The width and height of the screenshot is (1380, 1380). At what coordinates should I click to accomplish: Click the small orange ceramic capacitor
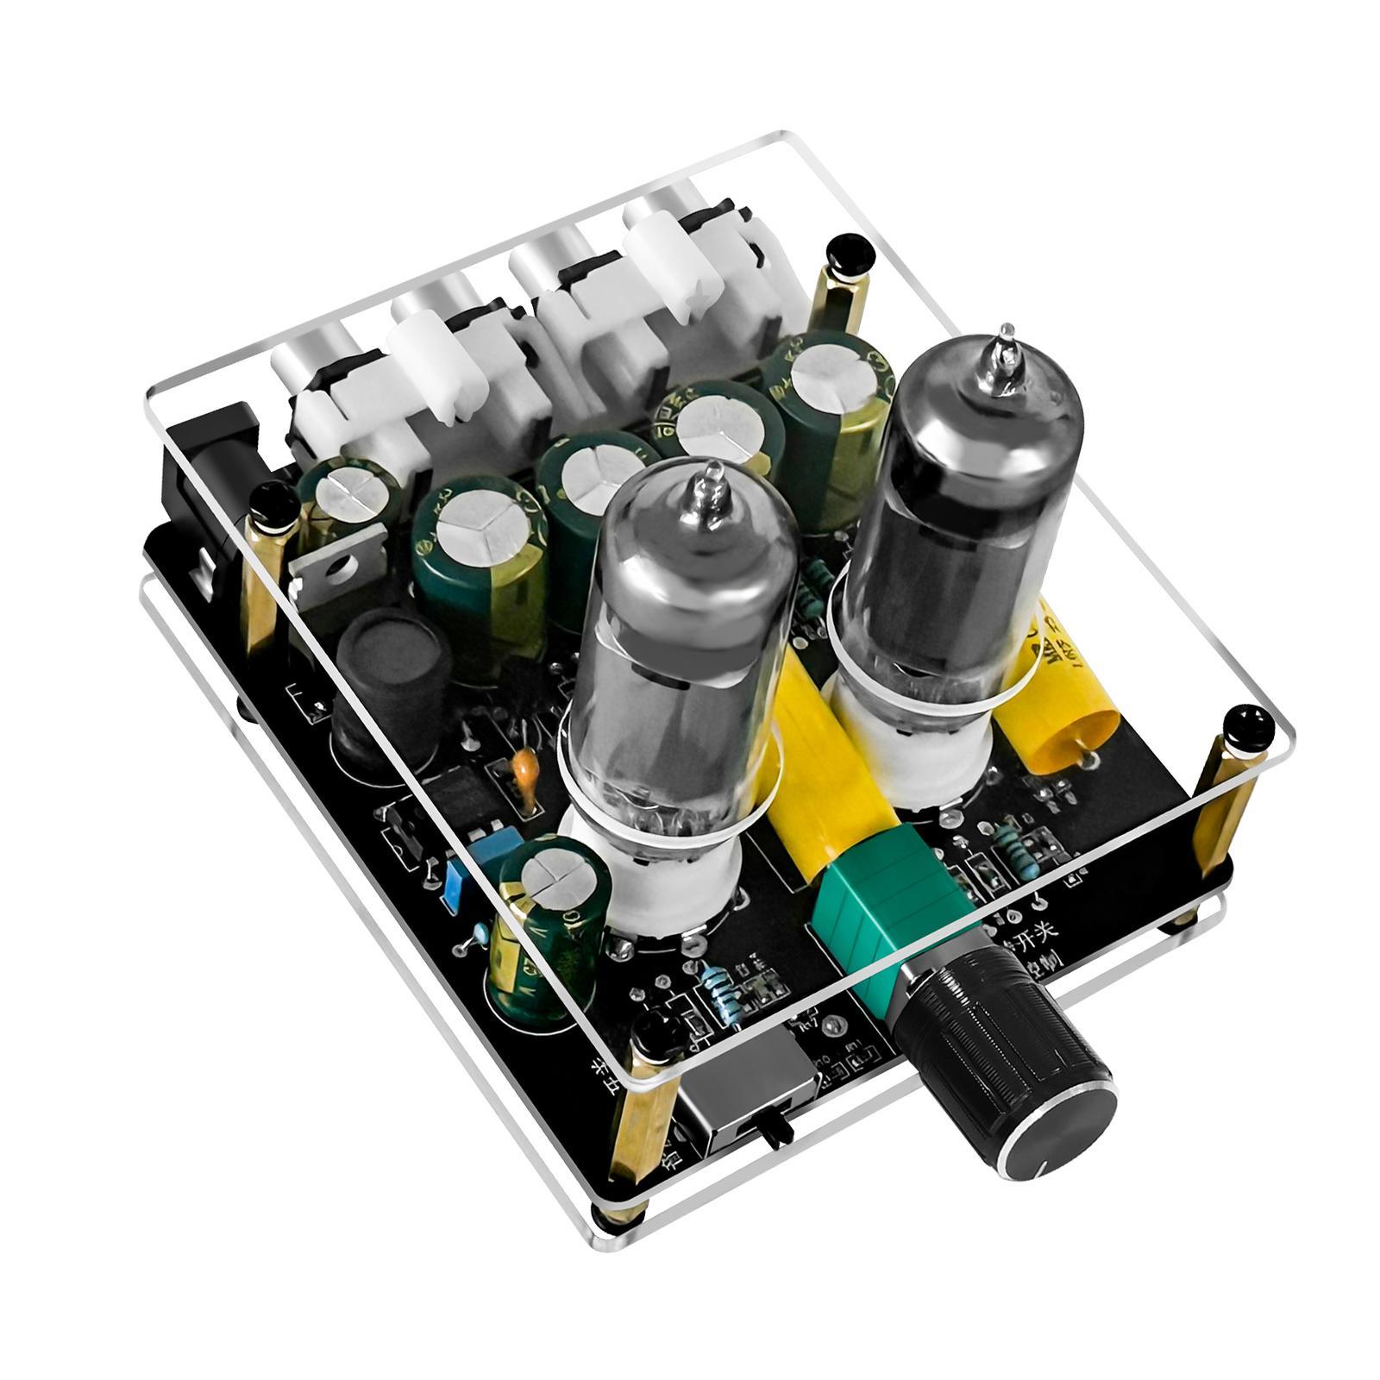pos(523,771)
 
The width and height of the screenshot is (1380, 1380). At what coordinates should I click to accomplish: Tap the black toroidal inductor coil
pos(379,673)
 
